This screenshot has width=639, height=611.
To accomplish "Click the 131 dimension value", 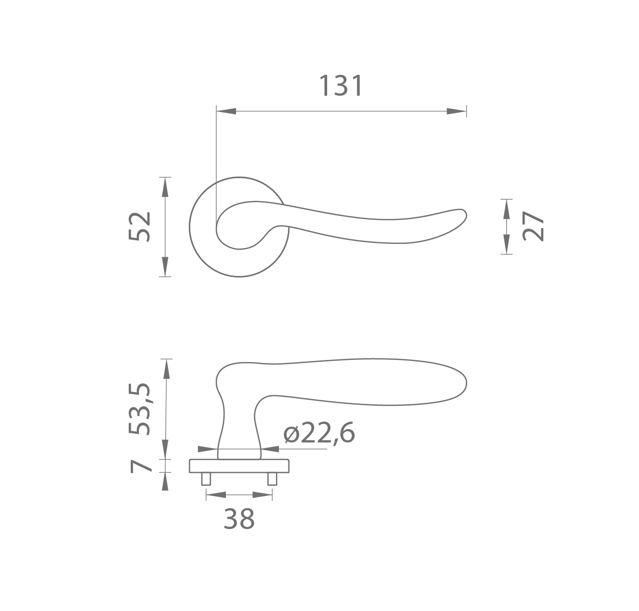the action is point(341,86).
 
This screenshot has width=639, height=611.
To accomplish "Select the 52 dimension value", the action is point(139,227).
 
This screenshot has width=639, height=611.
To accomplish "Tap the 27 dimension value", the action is point(533,226).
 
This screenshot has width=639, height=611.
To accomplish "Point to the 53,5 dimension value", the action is point(139,409).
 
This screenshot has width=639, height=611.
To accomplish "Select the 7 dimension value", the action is point(141,466).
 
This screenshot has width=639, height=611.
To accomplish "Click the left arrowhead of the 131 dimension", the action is point(226,111).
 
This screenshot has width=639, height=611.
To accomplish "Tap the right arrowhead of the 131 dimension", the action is point(456,111).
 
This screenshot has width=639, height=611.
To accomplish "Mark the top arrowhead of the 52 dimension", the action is point(165,187).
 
